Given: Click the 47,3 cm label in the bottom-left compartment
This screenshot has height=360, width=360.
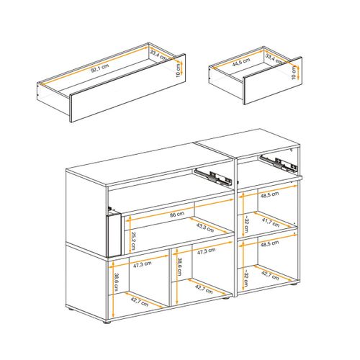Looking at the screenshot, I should tap(142, 264).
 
